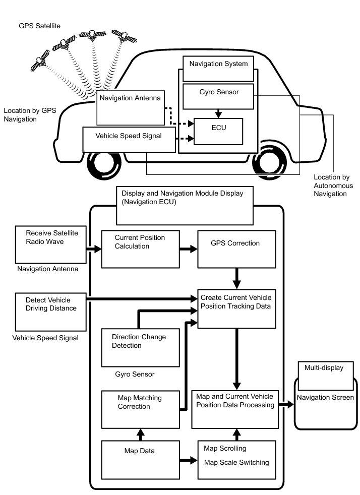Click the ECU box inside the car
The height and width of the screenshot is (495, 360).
218,131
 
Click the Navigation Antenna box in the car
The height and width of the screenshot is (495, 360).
131,108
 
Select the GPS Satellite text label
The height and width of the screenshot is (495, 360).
40,25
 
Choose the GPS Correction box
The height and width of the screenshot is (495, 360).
236,249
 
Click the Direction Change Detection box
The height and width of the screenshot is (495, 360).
141,347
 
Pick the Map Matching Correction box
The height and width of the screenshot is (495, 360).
141,409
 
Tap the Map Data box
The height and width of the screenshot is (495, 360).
141,459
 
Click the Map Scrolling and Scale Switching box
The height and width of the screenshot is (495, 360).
236,459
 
